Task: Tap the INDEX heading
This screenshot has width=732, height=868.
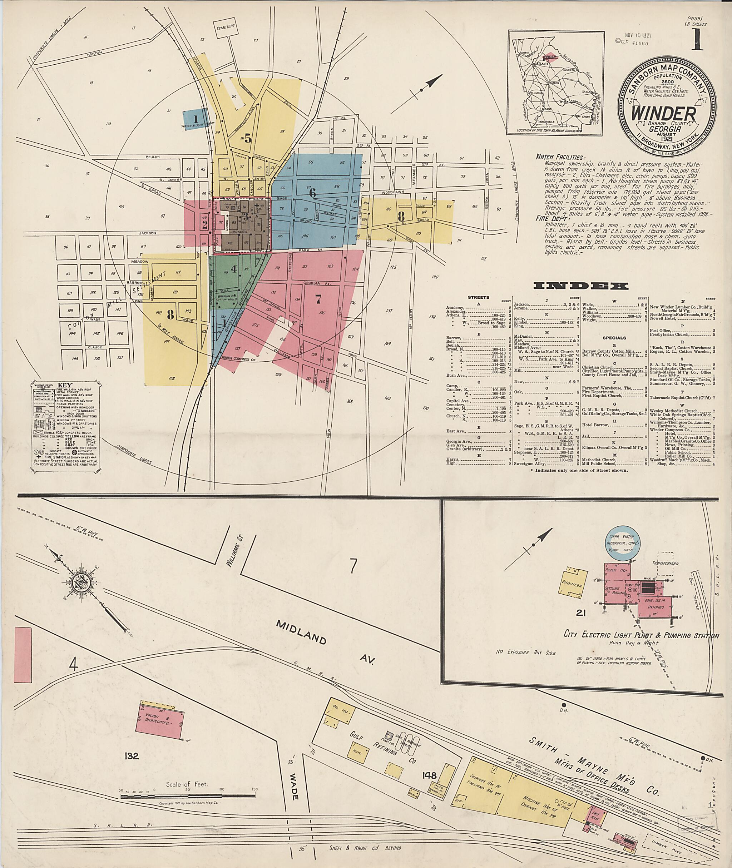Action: click(x=580, y=286)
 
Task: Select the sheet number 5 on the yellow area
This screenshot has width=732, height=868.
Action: click(x=248, y=139)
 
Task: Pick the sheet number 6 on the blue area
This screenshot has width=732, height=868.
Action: click(x=312, y=193)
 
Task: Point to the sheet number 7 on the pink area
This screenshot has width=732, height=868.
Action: click(x=318, y=299)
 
